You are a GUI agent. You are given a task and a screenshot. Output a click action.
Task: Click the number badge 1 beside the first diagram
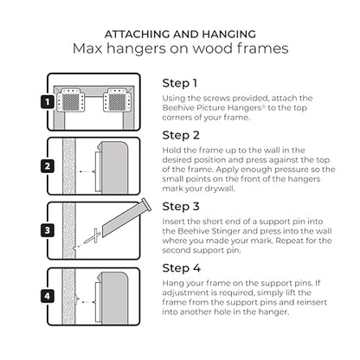(x=48, y=102)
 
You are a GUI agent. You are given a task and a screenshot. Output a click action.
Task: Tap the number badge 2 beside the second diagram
(x=48, y=166)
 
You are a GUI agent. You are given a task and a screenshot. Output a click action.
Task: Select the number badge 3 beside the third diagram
(x=48, y=230)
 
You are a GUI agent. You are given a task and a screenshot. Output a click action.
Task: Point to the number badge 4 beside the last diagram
(x=48, y=296)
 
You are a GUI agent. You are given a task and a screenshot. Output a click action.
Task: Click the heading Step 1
(x=180, y=84)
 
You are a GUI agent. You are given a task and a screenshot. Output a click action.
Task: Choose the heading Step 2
(x=181, y=136)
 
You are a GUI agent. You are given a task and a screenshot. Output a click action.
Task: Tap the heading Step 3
(x=181, y=207)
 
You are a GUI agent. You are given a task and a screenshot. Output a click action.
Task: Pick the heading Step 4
(x=182, y=268)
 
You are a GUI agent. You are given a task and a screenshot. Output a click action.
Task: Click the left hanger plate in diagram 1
(x=71, y=100)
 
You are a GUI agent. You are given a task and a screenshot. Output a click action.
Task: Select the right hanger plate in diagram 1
(x=118, y=100)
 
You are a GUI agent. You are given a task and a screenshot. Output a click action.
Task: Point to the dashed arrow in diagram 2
(x=87, y=172)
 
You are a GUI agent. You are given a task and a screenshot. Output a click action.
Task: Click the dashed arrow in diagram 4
(x=87, y=302)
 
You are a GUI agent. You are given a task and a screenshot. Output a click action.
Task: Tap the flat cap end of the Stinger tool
(x=146, y=205)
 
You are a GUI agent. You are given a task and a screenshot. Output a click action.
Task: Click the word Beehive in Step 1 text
(x=178, y=108)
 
